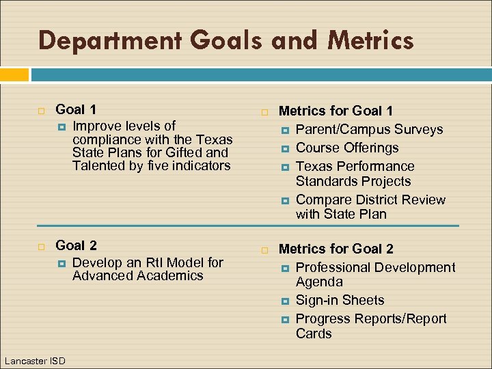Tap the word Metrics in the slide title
[x=370, y=41]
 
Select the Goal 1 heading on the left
[x=75, y=109]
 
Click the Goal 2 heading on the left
[x=76, y=246]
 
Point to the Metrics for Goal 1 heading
[x=336, y=111]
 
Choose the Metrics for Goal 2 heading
[x=336, y=249]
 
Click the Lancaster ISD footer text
[x=34, y=360]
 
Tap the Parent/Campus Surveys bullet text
[x=369, y=129]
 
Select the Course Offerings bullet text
[x=347, y=148]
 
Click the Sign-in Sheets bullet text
[x=340, y=300]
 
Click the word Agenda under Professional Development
[x=319, y=282]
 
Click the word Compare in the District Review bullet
[x=321, y=200]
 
